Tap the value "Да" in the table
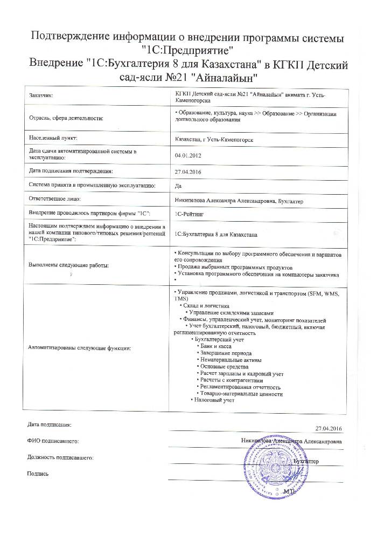coord(179,186)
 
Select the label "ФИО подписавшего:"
coord(53,442)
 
